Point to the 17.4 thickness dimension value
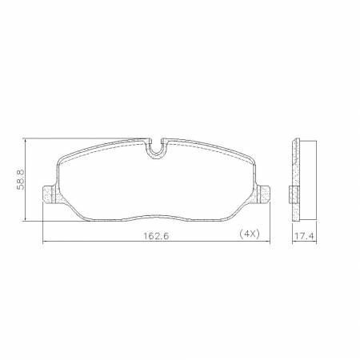pos(302,237)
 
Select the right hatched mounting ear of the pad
pos(266,193)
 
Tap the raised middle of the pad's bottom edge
pos(157,214)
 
